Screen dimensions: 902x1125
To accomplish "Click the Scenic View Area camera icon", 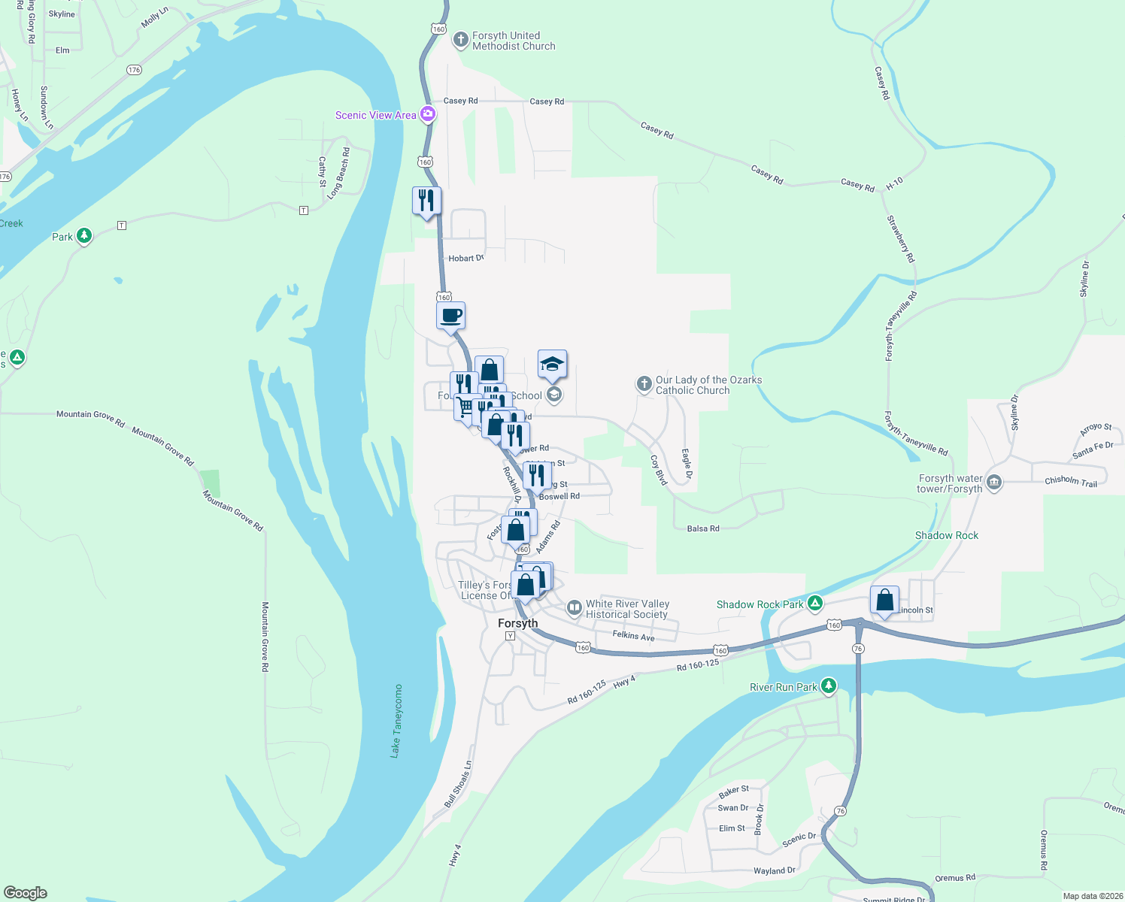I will (x=428, y=114).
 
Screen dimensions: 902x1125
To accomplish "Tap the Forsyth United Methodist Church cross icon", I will (x=461, y=39).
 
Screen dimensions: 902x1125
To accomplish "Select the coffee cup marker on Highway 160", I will (x=451, y=316).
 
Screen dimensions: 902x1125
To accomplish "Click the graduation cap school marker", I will (x=552, y=365).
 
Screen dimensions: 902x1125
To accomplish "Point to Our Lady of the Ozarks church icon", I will (x=644, y=384).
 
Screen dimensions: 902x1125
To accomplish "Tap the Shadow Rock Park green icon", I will (x=814, y=604).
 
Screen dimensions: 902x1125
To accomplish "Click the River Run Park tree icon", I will (x=828, y=686).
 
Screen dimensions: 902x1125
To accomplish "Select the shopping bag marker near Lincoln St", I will (x=884, y=601).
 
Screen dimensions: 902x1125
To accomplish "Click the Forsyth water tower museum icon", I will (x=994, y=483).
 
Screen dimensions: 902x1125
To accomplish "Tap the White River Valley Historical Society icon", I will (x=574, y=607).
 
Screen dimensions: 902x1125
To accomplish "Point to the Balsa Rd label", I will (x=703, y=528).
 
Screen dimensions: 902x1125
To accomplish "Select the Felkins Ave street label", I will (x=633, y=636).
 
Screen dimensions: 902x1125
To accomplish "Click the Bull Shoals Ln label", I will (x=457, y=784).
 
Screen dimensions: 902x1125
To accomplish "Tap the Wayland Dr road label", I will (x=774, y=870).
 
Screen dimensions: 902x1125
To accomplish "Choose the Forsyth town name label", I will (x=518, y=623).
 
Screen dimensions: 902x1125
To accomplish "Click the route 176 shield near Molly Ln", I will (x=134, y=70).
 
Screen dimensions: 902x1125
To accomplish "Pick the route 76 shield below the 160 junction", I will (x=858, y=648).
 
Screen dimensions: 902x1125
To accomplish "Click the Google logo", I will (x=26, y=892).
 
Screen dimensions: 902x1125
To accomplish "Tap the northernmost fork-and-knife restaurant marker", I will (x=426, y=201).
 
